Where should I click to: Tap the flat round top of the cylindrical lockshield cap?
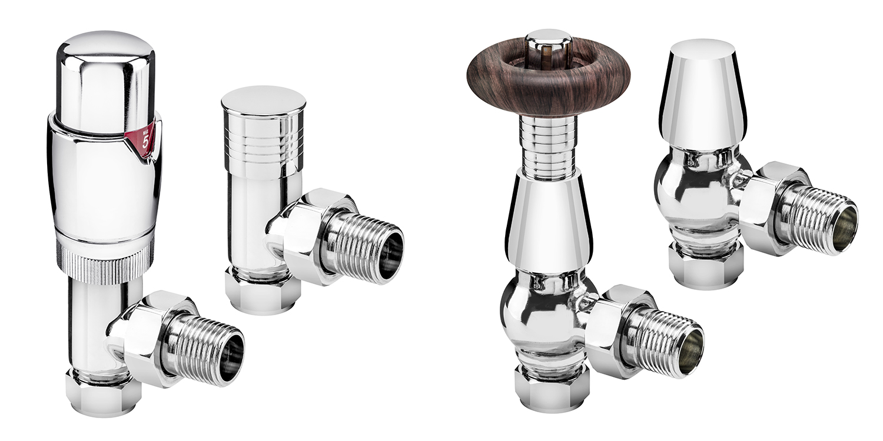[264, 99]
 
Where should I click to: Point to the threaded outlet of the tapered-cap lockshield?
[824, 218]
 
